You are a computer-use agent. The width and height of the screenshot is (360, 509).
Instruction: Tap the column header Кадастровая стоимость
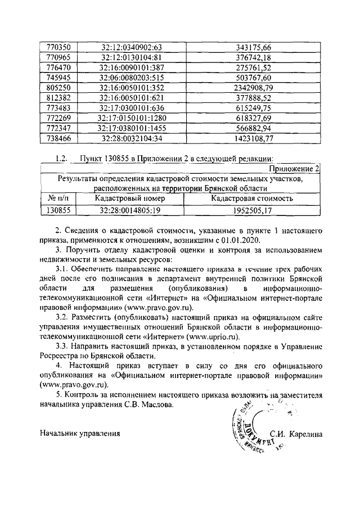tap(251, 199)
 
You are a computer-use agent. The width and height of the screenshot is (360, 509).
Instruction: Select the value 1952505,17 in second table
tap(251, 210)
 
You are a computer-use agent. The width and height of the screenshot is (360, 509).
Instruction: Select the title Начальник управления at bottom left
tap(80, 433)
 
